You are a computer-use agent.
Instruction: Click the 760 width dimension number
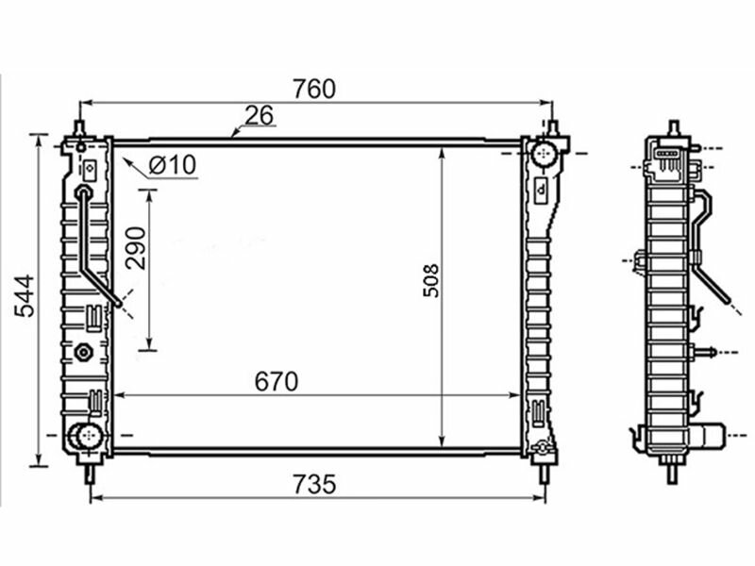pyautogui.click(x=314, y=89)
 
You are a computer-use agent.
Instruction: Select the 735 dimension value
pyautogui.click(x=314, y=484)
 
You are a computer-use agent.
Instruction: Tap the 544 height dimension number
pyautogui.click(x=25, y=295)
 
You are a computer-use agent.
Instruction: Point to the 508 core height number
pyautogui.click(x=431, y=280)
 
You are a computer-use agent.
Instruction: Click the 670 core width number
pyautogui.click(x=277, y=382)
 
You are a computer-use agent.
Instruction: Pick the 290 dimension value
pyautogui.click(x=135, y=248)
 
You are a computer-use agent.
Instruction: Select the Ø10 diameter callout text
pyautogui.click(x=173, y=165)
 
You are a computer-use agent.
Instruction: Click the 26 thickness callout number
pyautogui.click(x=259, y=115)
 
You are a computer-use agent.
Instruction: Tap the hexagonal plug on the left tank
pyautogui.click(x=84, y=353)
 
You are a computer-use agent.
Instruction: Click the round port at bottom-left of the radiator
pyautogui.click(x=87, y=436)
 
